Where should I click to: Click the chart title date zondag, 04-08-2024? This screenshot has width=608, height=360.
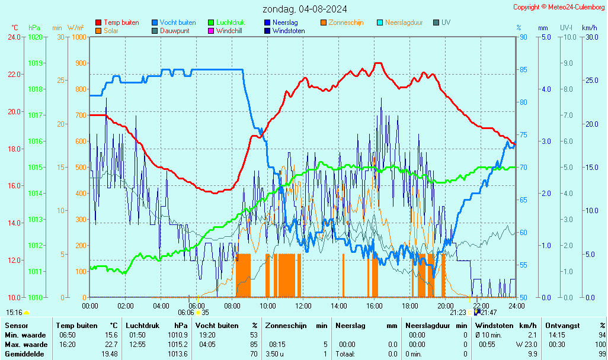tap(305, 9)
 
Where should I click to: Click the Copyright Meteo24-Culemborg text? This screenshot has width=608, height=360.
tap(559, 7)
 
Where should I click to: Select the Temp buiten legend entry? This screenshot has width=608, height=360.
tap(121, 22)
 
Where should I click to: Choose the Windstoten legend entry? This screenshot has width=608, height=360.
tap(289, 31)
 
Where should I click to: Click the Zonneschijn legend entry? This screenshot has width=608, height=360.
tap(345, 22)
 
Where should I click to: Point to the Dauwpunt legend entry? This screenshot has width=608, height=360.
tap(174, 31)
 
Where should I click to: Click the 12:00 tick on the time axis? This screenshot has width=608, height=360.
tap(303, 306)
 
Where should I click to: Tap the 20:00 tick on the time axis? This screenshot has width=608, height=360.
tap(446, 306)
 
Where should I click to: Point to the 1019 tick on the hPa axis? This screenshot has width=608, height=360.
tap(35, 63)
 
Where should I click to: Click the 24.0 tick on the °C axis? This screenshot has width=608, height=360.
tap(14, 37)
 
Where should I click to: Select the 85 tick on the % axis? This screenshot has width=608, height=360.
tap(523, 70)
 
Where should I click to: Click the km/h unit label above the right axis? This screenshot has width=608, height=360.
tap(589, 28)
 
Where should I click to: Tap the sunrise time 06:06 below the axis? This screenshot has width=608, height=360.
tap(186, 313)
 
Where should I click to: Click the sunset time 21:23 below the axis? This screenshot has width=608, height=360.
tap(457, 313)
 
